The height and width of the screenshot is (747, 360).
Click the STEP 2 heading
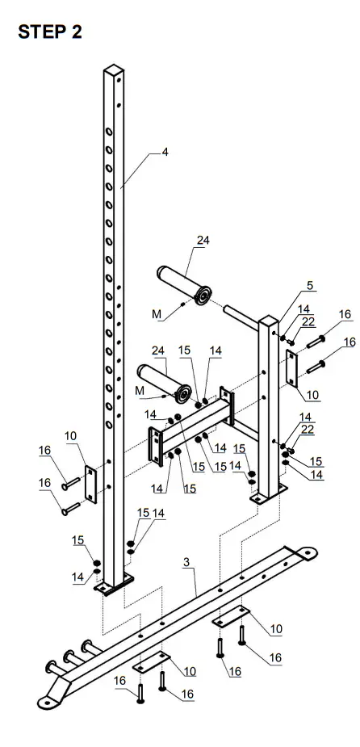click(49, 32)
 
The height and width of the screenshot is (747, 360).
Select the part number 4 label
click(165, 152)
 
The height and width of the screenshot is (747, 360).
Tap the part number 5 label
click(310, 286)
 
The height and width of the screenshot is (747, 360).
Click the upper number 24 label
click(203, 240)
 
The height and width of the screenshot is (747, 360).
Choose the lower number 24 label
click(158, 350)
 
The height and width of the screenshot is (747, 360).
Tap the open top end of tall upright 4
click(113, 73)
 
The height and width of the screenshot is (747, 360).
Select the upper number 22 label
click(308, 321)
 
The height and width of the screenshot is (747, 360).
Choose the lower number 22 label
click(309, 428)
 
